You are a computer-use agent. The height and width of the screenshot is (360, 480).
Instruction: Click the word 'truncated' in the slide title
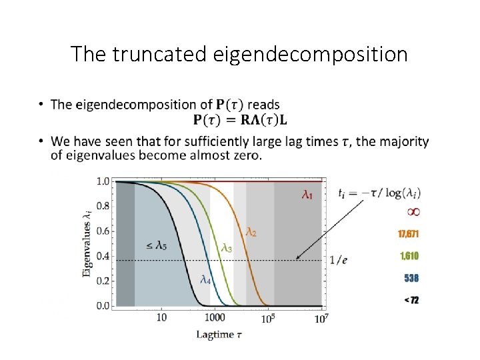[x=159, y=54]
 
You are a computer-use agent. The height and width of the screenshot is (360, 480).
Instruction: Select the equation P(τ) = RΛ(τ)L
[x=241, y=120]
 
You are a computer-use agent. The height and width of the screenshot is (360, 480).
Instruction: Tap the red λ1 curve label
[x=307, y=195]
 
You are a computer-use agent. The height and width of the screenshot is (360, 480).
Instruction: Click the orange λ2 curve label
[x=251, y=231]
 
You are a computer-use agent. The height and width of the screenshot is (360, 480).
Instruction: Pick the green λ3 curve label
[x=227, y=248]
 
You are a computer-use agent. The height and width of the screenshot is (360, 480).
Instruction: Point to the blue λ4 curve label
[x=206, y=280]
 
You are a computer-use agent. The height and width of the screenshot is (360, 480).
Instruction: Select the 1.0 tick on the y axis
[x=103, y=181]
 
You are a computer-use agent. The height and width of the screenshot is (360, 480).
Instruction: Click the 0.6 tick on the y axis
[x=103, y=231]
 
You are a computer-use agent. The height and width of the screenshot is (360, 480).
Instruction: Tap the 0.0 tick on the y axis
[x=103, y=306]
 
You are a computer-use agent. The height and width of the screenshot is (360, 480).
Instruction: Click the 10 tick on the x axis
[x=161, y=319]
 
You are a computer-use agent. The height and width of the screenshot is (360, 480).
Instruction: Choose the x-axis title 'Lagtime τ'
[x=219, y=335]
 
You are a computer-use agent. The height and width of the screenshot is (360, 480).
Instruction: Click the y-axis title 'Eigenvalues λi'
[x=87, y=244]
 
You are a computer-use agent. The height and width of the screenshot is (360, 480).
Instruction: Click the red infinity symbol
[x=413, y=212]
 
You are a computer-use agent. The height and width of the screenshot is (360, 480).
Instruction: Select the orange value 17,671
[x=409, y=234]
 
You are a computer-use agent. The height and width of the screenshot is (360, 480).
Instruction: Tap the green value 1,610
[x=409, y=256]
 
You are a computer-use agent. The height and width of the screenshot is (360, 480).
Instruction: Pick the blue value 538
[x=411, y=278]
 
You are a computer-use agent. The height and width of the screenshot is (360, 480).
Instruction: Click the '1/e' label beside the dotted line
[x=339, y=260]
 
